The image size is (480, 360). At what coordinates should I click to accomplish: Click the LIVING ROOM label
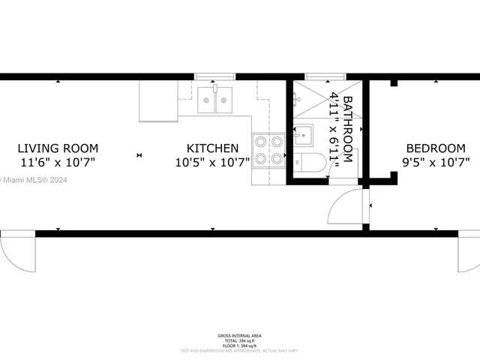(x=58, y=148)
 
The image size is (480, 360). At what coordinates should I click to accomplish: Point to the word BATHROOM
(x=347, y=127)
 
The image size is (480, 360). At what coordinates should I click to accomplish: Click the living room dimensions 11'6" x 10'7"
(x=58, y=162)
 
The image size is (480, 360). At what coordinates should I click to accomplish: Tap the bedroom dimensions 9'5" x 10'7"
(x=436, y=162)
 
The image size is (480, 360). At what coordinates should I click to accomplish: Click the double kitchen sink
(x=217, y=100)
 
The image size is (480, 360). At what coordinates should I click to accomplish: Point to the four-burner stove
(x=268, y=149)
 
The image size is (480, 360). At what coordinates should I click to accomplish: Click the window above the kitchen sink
(x=216, y=76)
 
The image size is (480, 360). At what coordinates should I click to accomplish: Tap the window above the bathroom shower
(x=325, y=76)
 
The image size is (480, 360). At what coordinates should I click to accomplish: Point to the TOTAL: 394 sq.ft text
(x=240, y=340)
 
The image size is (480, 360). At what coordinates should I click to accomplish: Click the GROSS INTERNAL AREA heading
(x=240, y=335)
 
